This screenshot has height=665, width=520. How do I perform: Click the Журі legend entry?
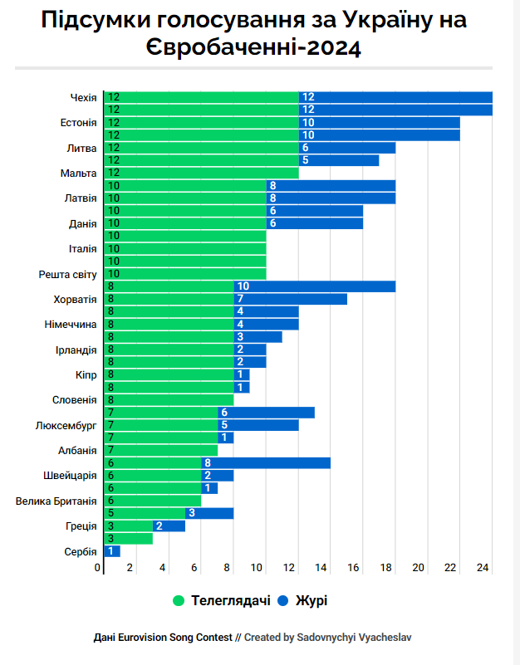point(307,599)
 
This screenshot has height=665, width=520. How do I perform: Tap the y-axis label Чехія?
point(83,98)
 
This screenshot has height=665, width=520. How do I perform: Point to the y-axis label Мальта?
point(79,173)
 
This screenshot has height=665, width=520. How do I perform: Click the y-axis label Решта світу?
point(68,274)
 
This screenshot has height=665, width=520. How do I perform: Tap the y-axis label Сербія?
point(81,551)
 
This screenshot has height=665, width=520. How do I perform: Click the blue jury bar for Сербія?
point(111,551)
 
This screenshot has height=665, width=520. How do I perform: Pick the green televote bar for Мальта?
point(200,173)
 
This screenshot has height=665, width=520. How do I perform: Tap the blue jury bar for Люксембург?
point(258,425)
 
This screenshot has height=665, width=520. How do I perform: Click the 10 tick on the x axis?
point(257,568)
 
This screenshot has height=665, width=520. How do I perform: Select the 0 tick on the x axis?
point(98,568)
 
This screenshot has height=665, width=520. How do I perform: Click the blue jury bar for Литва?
point(346,148)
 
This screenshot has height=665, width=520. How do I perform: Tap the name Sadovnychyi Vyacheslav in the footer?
point(355,638)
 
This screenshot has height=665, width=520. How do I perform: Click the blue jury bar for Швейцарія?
point(217,476)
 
